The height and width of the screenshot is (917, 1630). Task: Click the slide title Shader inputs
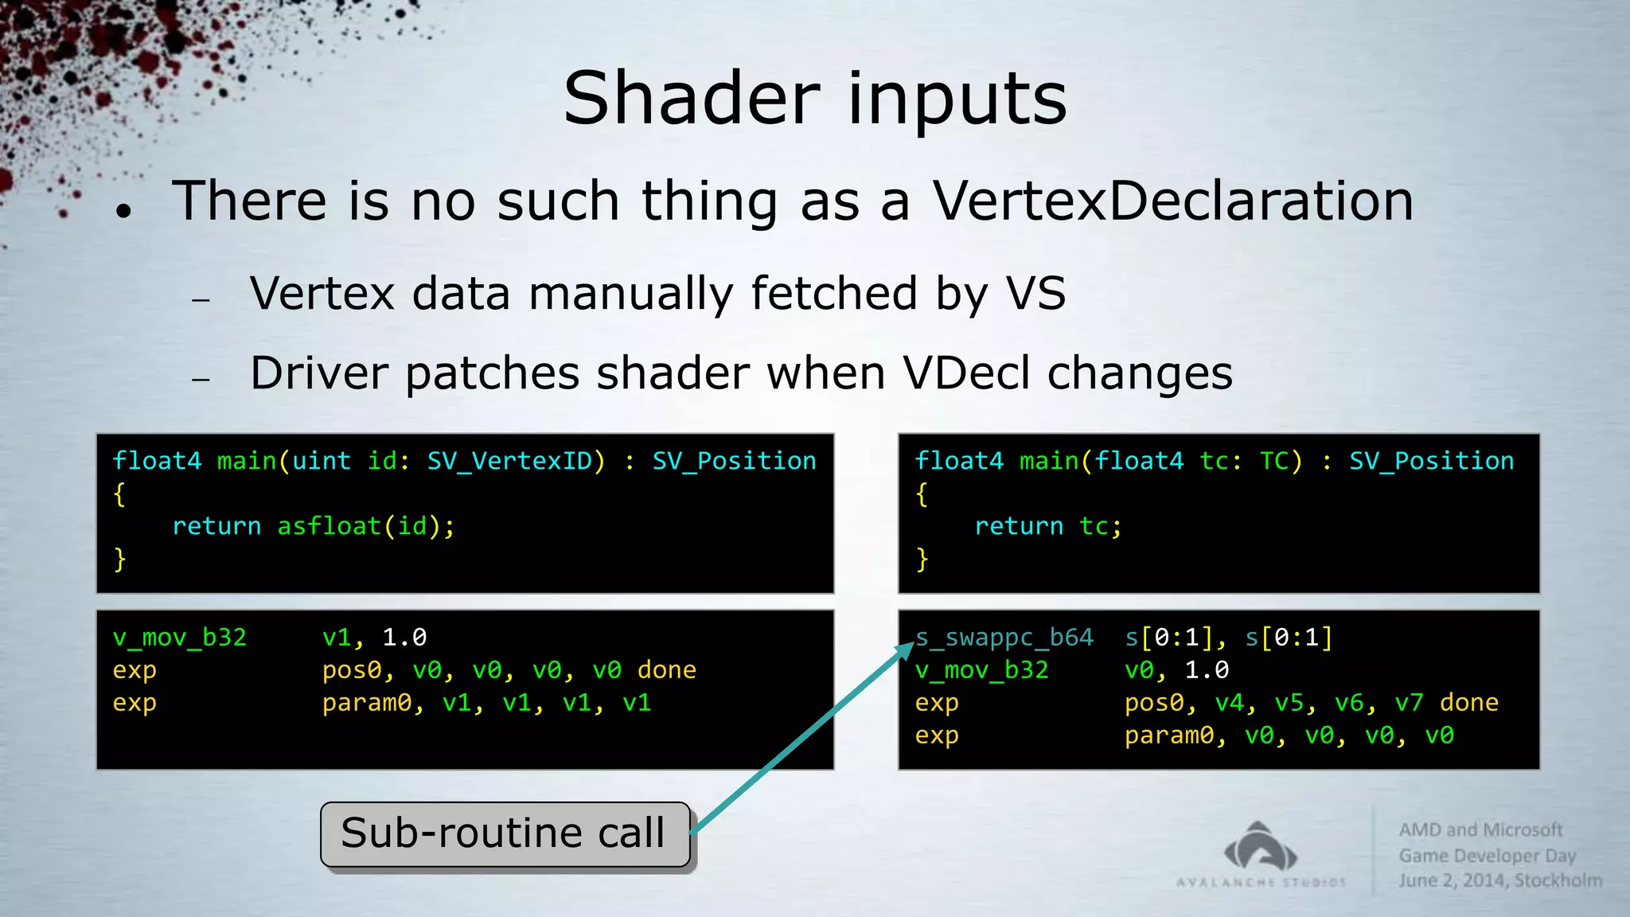[x=814, y=99]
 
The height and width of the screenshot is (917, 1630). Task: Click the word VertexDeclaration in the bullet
[x=1172, y=201]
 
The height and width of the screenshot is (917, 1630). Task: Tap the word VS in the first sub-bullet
[x=1035, y=293]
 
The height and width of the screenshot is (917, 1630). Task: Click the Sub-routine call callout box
[x=505, y=834]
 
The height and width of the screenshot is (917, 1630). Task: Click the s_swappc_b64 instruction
[x=1004, y=638]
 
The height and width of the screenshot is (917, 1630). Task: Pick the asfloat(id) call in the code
[x=365, y=526]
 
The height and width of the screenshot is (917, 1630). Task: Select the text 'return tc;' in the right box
[x=1047, y=526]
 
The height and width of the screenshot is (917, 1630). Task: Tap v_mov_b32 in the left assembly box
[x=180, y=638]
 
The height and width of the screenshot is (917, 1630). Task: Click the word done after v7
[x=1468, y=703]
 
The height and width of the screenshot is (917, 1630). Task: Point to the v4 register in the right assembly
[x=1230, y=703]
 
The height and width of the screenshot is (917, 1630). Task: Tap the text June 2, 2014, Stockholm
[x=1500, y=880]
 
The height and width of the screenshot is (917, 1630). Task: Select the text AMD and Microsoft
[x=1480, y=829]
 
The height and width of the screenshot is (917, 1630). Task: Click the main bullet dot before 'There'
[x=123, y=211]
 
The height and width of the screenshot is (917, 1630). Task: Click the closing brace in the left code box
[x=119, y=559]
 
